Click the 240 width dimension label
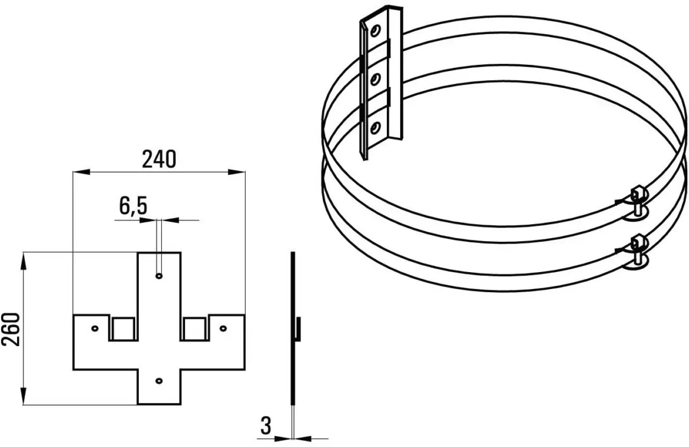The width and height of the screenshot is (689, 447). tap(159, 159)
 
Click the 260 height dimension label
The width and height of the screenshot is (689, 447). tap(10, 329)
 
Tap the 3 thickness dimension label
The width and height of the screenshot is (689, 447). tap(266, 426)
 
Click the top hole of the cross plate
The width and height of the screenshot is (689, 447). tap(159, 276)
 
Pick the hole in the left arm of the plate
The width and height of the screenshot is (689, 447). tap(94, 328)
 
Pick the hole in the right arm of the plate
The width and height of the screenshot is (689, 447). tap(223, 328)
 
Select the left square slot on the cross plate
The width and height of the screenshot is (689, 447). tap(123, 328)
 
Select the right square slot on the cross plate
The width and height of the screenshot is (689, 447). tap(194, 328)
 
